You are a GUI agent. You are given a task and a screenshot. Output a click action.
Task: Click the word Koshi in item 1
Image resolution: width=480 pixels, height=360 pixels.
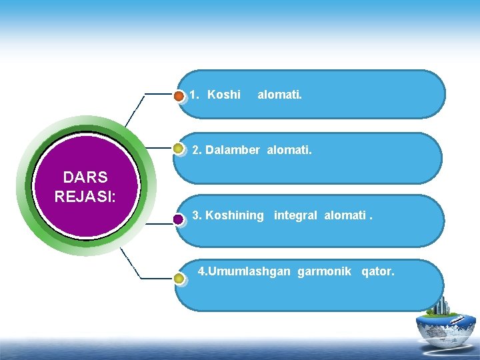click(224, 95)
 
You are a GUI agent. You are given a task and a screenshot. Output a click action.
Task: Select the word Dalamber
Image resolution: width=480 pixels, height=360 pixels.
click(233, 151)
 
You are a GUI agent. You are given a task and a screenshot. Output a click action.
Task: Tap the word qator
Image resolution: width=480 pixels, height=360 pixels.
click(377, 272)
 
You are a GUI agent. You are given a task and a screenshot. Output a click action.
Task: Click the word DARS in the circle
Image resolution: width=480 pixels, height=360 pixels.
click(85, 177)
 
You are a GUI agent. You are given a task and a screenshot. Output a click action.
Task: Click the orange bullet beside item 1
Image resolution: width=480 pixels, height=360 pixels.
click(179, 97)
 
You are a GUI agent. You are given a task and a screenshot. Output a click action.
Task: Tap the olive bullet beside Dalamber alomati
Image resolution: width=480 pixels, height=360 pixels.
click(179, 149)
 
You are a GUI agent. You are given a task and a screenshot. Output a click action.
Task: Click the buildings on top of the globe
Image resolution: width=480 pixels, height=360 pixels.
click(440, 306)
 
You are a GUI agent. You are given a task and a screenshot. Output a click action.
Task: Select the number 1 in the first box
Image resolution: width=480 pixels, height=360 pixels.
click(193, 95)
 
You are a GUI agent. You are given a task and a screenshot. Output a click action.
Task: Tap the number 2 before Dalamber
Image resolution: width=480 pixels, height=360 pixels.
click(196, 151)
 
